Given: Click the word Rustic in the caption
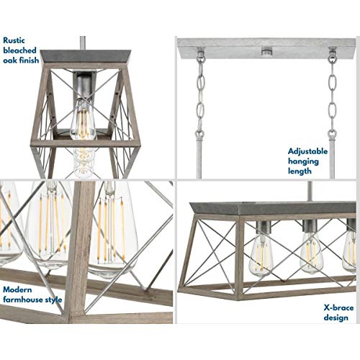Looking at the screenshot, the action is pos(14,40).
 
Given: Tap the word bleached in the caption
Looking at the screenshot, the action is pos(19,50).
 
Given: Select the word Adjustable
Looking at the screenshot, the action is pos(307,151).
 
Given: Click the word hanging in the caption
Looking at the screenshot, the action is pos(303,162).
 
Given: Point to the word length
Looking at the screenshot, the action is pos(300,171).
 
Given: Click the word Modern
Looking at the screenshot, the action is pos(17,289).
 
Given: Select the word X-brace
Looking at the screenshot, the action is pos(338,308).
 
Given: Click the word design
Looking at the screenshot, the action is pos(336,318).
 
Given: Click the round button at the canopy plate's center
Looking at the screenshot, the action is pos(266,50).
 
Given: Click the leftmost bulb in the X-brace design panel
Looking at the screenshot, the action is pos(261,255).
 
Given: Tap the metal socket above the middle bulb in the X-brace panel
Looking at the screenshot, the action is pos(310,226).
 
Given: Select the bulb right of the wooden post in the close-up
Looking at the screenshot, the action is pos(112,230).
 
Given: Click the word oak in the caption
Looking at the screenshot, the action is pos(10,60).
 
